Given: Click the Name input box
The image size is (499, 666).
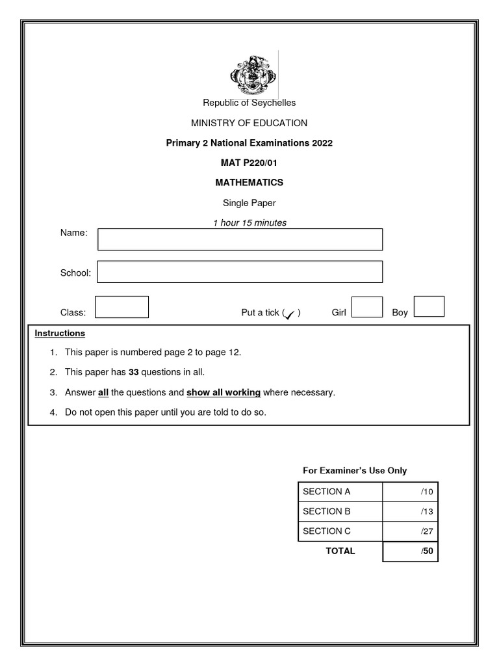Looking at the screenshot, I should tap(240, 239).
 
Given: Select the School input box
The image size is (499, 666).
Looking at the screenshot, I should tap(240, 272).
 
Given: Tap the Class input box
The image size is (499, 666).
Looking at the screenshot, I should tap(122, 307).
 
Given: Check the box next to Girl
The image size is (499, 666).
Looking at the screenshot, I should tap(367, 307).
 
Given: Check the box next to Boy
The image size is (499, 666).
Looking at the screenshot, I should tap(429, 306).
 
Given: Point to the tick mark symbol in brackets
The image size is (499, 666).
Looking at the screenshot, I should tap(290, 313).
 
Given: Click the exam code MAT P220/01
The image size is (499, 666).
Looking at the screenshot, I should tap(249, 163).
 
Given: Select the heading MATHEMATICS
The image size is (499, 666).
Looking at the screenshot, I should tap(249, 183).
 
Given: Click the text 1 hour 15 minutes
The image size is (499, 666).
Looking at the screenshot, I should tap(249, 222).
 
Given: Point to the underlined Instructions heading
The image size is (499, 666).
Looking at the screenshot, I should tap(60, 333).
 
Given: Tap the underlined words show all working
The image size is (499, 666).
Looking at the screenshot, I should tap(224, 392).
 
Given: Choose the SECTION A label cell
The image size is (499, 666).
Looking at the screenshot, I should tap(340, 492).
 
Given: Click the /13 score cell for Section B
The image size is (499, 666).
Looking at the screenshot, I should tap(410, 512).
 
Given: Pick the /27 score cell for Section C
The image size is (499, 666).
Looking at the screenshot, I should tap(410, 531).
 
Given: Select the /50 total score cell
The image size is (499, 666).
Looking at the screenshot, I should tap(410, 552).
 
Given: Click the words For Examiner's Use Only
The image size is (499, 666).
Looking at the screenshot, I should tap(355, 470).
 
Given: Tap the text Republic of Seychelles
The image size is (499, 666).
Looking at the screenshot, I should tap(249, 103).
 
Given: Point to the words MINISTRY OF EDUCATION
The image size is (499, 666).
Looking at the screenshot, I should tap(249, 123).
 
